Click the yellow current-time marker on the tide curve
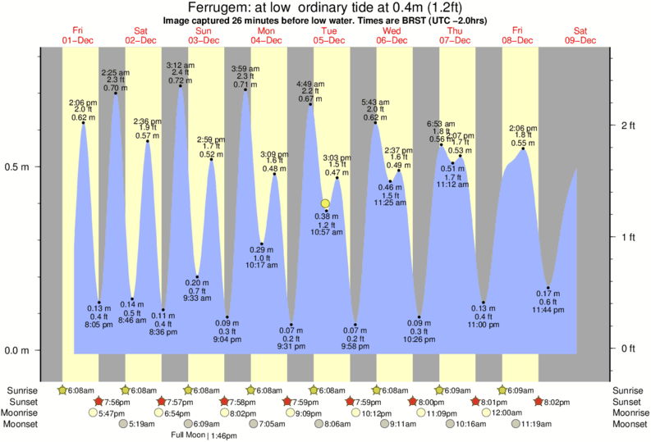[x=326, y=203]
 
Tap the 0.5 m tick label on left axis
[x=18, y=166]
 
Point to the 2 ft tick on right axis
[x=628, y=125]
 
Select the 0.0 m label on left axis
[x=18, y=350]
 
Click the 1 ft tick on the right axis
[x=628, y=238]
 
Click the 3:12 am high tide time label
[x=180, y=65]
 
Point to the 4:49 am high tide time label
[x=309, y=84]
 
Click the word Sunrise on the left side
[x=21, y=390]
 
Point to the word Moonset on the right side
[x=629, y=425]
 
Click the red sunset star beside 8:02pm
[x=538, y=402]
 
